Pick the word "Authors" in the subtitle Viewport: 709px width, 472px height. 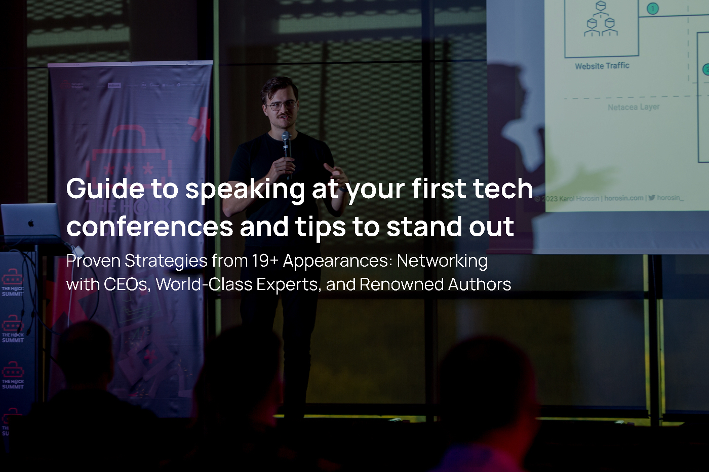coord(479,284)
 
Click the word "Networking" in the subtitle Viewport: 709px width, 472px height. coord(442,261)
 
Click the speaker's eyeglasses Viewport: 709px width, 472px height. coord(280,106)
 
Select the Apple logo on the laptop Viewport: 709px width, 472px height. coord(31,223)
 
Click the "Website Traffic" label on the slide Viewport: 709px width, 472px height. coord(602,66)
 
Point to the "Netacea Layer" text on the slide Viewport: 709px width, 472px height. coord(634,107)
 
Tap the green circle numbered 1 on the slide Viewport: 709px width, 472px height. coord(653,9)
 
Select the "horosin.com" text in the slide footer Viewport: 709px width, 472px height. coord(623,198)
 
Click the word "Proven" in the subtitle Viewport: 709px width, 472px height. coord(93,261)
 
